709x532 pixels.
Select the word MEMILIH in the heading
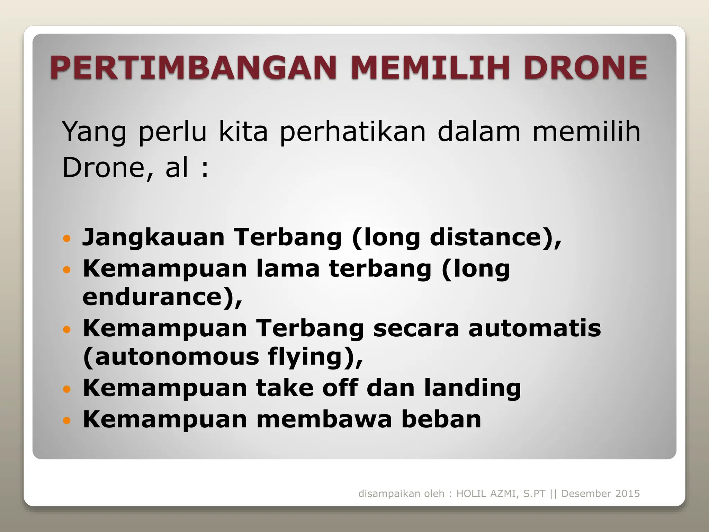coord(431,67)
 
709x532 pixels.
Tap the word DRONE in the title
coord(585,67)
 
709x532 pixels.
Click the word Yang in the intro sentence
coord(94,132)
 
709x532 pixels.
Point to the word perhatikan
coord(352,132)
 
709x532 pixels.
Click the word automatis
coord(535,328)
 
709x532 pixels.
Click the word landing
coord(472,388)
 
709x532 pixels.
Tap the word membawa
coord(324,419)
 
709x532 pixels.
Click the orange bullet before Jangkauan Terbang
coord(67,239)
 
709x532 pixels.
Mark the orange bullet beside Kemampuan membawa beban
coord(67,420)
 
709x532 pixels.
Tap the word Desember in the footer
coord(583,494)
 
